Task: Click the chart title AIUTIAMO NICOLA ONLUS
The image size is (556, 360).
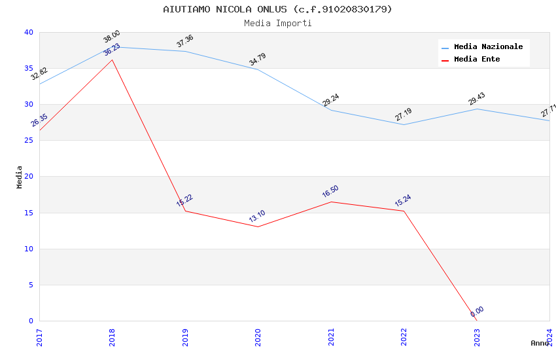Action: click(277, 9)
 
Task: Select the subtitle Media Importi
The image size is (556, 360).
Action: click(277, 23)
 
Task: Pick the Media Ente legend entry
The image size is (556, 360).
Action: click(477, 60)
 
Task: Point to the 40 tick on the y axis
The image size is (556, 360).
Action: click(28, 33)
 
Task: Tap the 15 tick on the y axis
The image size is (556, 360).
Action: click(28, 213)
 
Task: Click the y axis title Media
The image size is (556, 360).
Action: click(20, 177)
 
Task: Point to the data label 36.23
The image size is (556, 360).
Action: click(112, 50)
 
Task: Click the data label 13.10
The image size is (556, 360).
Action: click(257, 217)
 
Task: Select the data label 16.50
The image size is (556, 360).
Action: click(330, 192)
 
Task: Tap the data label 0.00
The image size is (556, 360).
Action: click(477, 312)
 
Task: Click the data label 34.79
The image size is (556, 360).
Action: click(257, 60)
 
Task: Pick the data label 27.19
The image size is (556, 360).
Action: click(403, 115)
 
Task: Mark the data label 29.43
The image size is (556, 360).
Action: click(476, 99)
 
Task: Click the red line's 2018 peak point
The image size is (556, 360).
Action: click(113, 60)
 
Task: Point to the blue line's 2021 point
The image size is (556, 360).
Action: click(331, 110)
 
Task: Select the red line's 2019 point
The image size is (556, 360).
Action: click(185, 211)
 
